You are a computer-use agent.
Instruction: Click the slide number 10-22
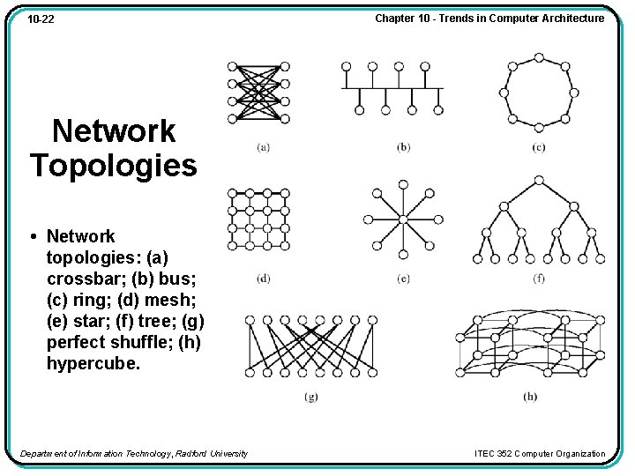point(41,19)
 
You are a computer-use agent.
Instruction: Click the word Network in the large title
point(114,131)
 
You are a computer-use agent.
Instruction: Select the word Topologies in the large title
point(114,165)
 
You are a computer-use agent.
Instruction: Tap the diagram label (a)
point(263,147)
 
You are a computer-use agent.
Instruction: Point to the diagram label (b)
point(403,147)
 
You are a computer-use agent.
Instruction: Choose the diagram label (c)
point(538,147)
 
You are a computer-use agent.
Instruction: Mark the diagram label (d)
point(263,279)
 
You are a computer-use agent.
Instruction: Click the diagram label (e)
point(403,279)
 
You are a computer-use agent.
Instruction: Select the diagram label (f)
point(538,279)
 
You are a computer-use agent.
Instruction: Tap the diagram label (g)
point(310,397)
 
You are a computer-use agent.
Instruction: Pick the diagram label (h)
point(529,397)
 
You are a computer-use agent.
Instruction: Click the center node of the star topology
point(403,219)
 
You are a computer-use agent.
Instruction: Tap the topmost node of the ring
point(538,57)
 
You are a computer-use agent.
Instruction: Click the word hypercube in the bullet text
point(93,363)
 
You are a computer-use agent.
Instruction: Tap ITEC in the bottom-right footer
point(486,454)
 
